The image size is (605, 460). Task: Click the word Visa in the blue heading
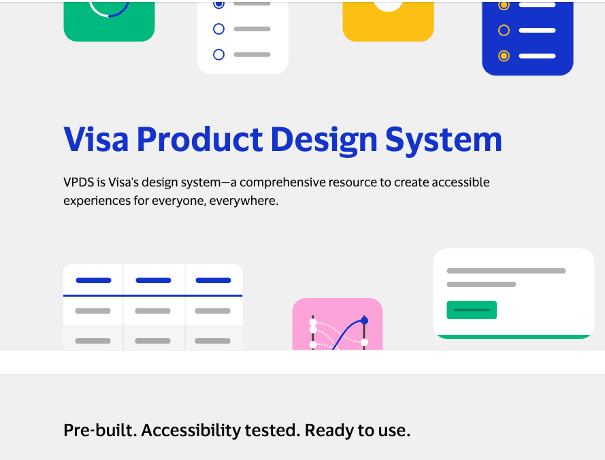tap(96, 139)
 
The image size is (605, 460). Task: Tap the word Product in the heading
tap(199, 139)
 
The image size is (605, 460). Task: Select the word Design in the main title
tap(323, 139)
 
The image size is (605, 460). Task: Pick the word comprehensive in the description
tap(283, 182)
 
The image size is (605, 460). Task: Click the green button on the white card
tap(472, 310)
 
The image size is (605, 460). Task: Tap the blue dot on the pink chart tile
tap(364, 321)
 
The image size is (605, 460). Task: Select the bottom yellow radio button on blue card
tap(504, 56)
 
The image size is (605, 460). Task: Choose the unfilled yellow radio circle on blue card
tap(504, 30)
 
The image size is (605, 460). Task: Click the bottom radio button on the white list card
tap(218, 54)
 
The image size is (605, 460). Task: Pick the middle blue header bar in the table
tap(153, 280)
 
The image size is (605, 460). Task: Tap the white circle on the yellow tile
tap(388, 4)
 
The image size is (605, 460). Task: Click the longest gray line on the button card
tap(506, 271)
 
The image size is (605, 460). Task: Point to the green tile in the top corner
tap(109, 20)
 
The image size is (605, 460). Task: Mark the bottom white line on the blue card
tap(537, 56)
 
